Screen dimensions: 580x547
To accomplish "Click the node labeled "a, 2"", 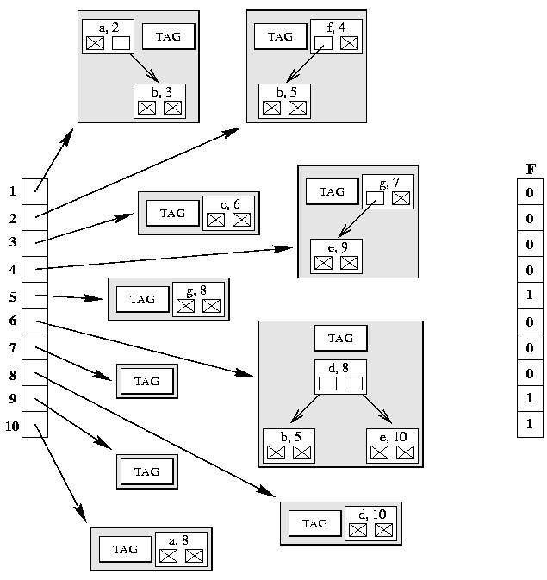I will [x=108, y=36].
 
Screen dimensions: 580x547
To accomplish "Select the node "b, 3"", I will [x=159, y=100].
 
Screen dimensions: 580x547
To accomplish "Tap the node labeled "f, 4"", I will [x=336, y=36].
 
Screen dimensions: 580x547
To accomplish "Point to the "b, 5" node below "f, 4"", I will [x=284, y=100].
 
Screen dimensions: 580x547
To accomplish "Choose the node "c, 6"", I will [x=228, y=212].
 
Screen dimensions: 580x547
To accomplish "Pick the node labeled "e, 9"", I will [x=336, y=256].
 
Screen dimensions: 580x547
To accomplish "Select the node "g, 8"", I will [x=198, y=298].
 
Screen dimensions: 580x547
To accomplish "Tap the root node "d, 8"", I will [x=340, y=377].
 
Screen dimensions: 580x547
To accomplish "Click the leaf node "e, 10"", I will [x=392, y=445].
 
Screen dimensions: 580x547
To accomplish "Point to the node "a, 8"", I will [x=181, y=548].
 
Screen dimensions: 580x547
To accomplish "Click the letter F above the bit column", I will [x=531, y=170].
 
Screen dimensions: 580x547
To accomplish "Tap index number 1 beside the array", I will [x=13, y=191].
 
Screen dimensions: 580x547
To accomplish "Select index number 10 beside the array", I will [x=12, y=425].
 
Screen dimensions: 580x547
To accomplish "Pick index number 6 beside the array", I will [x=13, y=321].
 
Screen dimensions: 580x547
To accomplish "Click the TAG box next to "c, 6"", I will [x=172, y=213].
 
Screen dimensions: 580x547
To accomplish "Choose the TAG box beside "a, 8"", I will [x=125, y=549].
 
